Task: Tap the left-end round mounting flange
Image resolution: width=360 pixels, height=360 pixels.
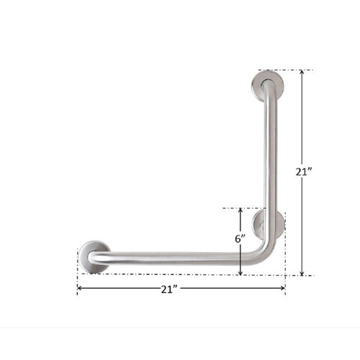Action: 93,256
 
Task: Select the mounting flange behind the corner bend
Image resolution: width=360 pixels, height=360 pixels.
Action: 268,222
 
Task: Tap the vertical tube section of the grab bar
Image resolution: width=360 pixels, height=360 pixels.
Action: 272,158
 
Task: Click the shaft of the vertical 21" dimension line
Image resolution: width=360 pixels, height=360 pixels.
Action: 302,130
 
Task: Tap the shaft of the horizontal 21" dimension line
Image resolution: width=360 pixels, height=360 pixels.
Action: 216,289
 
